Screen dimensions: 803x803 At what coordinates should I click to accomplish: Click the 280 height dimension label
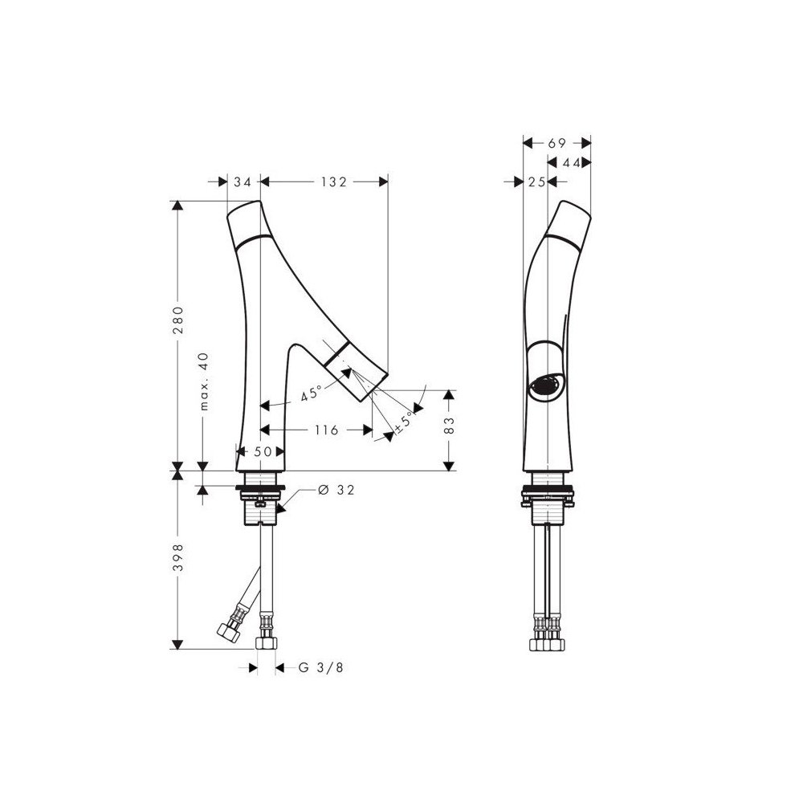[178, 320]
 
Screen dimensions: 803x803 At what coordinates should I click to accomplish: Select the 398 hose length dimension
[178, 558]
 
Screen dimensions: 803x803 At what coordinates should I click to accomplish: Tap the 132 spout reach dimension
[334, 181]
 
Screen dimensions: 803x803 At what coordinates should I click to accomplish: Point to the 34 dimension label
[243, 181]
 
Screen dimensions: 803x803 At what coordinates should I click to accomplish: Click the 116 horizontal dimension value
[327, 430]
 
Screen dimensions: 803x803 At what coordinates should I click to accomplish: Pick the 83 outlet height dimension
[449, 426]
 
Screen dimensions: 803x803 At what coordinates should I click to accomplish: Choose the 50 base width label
[263, 451]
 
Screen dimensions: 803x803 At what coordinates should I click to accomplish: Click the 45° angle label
[312, 393]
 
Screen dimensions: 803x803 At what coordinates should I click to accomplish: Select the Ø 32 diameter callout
[336, 490]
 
